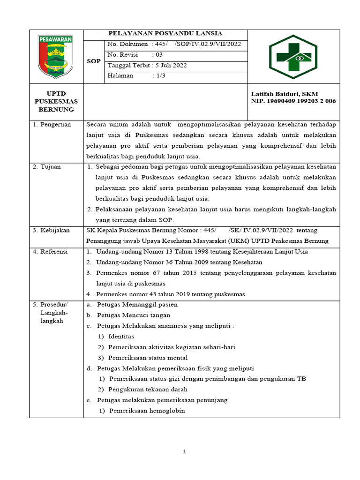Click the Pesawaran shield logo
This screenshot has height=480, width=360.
pyautogui.click(x=56, y=57)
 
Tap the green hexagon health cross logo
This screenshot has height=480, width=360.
pyautogui.click(x=293, y=57)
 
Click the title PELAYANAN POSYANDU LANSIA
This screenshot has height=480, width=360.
pyautogui.click(x=165, y=33)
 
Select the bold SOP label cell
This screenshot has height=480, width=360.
pyautogui.click(x=94, y=61)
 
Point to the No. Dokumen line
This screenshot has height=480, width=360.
pyautogui.click(x=174, y=44)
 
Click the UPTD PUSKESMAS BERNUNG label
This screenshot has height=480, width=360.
pyautogui.click(x=56, y=101)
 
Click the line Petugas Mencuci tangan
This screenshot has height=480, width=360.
pyautogui.click(x=134, y=315)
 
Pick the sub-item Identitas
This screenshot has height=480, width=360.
pyautogui.click(x=121, y=337)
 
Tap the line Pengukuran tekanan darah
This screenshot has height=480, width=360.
pyautogui.click(x=148, y=390)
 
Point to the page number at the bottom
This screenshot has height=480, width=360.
pyautogui.click(x=185, y=451)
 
